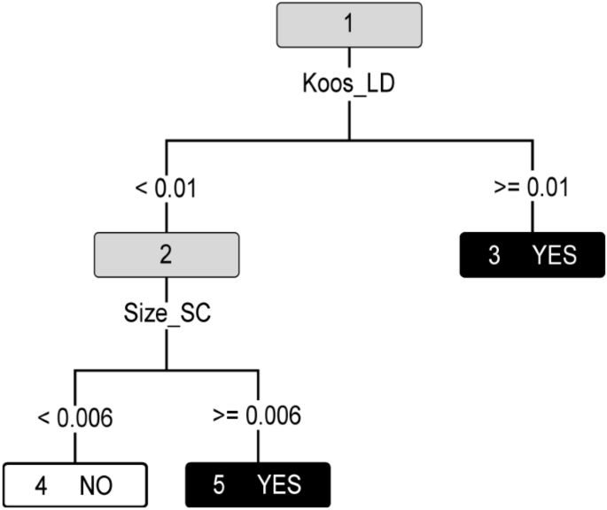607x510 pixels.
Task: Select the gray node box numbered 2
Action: coord(166,254)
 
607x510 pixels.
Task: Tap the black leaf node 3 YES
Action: coord(532,255)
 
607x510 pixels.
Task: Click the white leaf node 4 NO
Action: coord(74,485)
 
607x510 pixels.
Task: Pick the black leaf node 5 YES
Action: coord(258,485)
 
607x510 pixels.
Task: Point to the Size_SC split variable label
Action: coord(166,314)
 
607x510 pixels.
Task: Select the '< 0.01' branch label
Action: coord(166,189)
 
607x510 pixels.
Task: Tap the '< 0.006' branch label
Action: coord(74,417)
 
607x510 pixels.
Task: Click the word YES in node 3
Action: coord(554,255)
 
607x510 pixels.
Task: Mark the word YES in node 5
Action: coord(279,485)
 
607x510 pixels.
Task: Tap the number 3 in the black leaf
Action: coord(494,255)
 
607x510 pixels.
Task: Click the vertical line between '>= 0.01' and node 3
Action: coord(532,218)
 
